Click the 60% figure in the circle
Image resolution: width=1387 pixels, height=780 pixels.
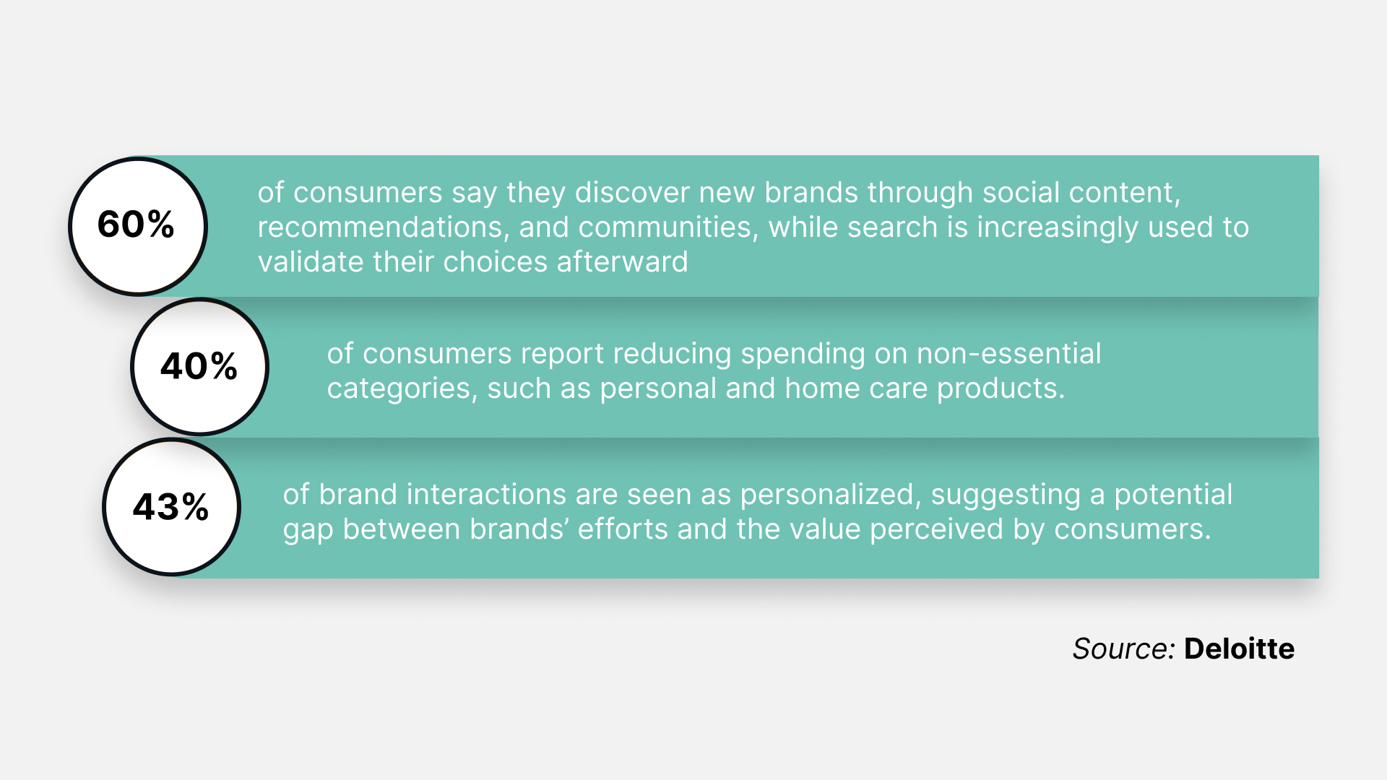point(136,224)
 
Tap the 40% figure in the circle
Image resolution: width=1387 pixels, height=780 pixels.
point(199,366)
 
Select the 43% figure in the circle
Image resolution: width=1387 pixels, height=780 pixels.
point(171,506)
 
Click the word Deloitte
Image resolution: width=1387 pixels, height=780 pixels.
point(1239,649)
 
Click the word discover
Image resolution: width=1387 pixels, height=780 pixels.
point(631,193)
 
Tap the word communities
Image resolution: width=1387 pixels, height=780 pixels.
point(668,227)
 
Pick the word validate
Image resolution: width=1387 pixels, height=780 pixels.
point(311,262)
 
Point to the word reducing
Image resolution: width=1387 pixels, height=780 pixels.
point(672,355)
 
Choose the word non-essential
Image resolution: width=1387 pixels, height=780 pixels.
point(1008,354)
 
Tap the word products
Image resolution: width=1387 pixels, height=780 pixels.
point(1001,389)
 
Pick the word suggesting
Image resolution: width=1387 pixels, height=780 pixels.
point(1006,495)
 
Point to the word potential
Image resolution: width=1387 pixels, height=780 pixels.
point(1173,495)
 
